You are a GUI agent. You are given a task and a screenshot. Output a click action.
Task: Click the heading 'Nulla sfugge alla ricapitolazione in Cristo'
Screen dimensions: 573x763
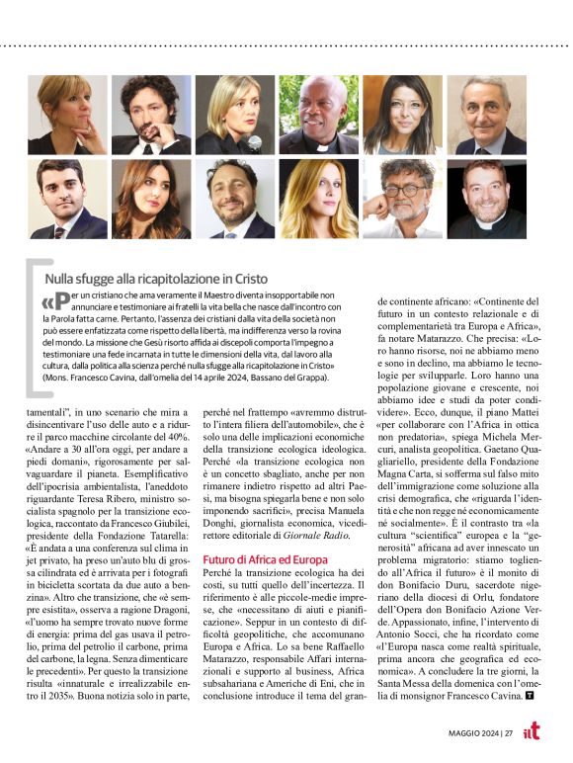click(155, 280)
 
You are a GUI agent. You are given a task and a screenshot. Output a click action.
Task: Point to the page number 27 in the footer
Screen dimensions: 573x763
click(508, 732)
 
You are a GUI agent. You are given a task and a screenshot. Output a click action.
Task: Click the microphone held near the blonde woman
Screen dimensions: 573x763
click(253, 141)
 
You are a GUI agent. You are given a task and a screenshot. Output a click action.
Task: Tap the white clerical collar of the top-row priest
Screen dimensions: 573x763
click(318, 145)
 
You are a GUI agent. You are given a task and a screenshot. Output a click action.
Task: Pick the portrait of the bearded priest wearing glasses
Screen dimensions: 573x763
click(486, 199)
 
